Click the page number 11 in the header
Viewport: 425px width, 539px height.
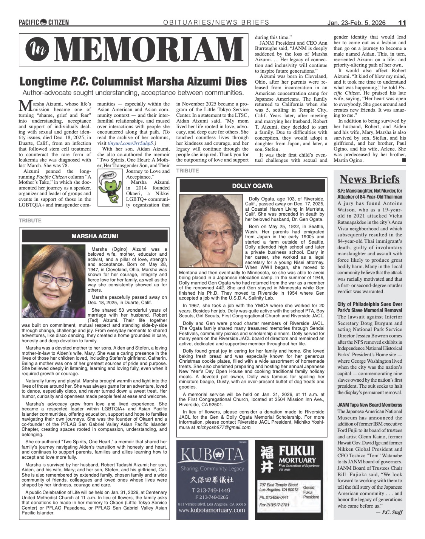click(402, 23)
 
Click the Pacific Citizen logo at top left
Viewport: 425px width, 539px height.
click(44, 22)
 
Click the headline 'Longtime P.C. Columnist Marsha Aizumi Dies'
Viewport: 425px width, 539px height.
click(133, 81)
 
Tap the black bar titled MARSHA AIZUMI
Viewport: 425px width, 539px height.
click(94, 236)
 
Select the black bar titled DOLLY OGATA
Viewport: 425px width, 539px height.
click(252, 186)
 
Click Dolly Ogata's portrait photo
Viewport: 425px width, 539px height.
click(211, 231)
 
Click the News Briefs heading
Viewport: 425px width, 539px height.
click(369, 179)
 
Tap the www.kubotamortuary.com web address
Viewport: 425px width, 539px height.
click(212, 510)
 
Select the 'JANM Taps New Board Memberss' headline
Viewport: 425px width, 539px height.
click(369, 405)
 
